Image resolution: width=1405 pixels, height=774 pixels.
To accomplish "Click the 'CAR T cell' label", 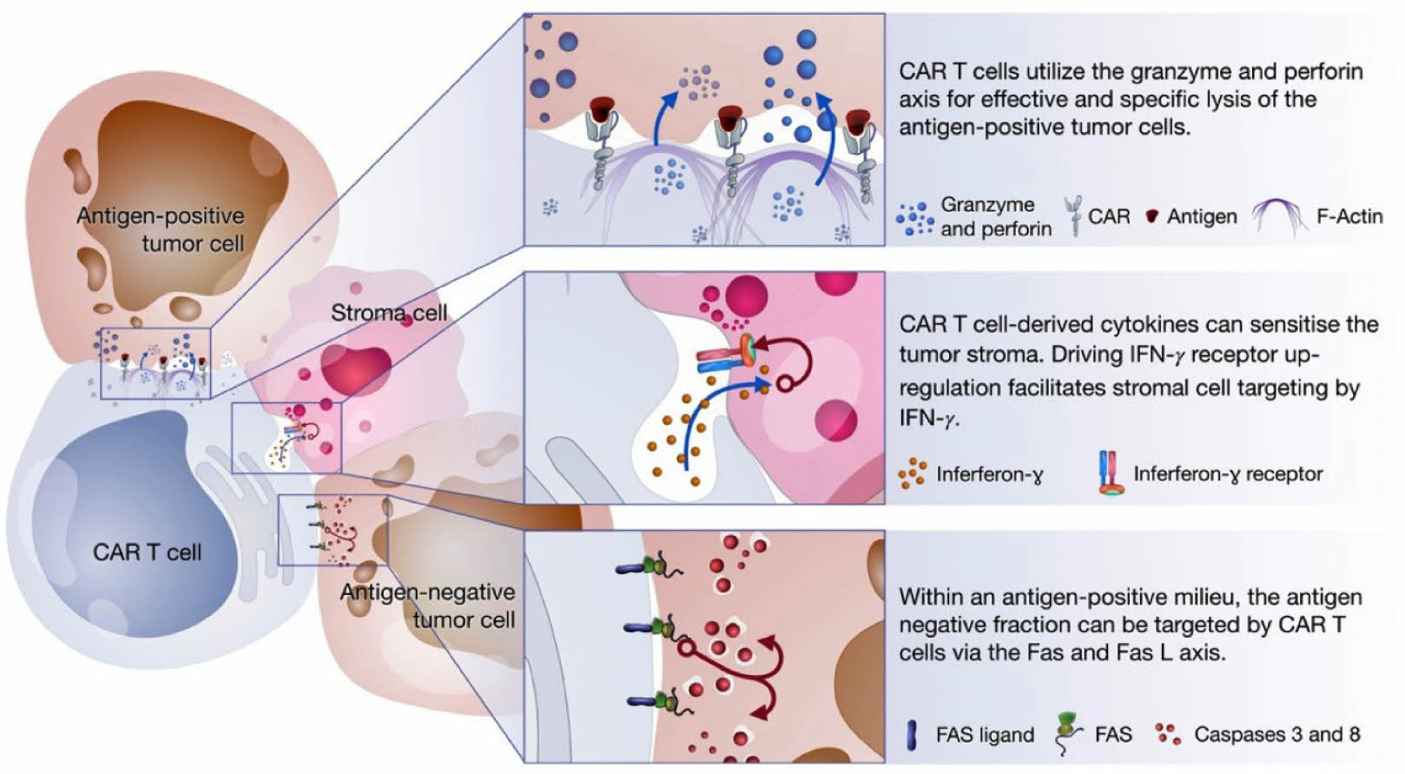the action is pos(147,552).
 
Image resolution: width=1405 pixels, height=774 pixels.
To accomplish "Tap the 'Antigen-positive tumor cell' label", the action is pos(161,229).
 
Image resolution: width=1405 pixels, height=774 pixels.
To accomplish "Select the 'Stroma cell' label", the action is pos(389,313).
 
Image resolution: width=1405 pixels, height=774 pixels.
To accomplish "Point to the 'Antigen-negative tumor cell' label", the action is pos(428,605).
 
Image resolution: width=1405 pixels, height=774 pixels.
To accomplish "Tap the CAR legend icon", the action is pos(1074,216).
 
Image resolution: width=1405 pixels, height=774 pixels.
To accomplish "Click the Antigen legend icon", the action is pos(1151,217).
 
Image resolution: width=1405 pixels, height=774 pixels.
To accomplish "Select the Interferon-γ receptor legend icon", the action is pos(1111,473).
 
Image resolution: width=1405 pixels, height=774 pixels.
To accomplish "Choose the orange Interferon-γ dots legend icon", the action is pos(913,473).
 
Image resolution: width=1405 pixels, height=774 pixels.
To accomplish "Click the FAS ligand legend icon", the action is pos(913,735).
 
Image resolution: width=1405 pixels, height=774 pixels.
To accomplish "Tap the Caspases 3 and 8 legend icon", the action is pos(1168,734).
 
